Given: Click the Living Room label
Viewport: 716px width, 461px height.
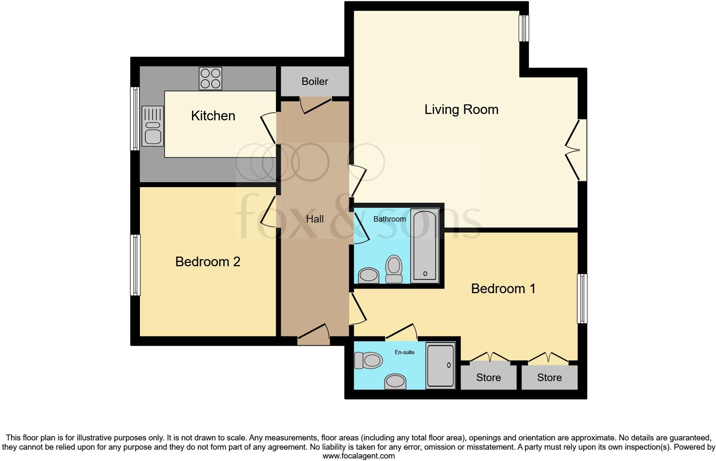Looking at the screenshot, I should pyautogui.click(x=461, y=109).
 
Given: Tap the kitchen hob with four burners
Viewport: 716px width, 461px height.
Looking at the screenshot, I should pyautogui.click(x=210, y=79).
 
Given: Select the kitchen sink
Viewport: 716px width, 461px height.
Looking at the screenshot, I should pyautogui.click(x=153, y=126).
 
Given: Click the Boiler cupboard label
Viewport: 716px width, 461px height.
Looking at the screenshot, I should pyautogui.click(x=315, y=81).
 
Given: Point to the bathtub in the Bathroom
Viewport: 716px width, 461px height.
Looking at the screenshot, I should pyautogui.click(x=425, y=246).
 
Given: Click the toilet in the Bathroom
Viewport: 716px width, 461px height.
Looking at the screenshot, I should pyautogui.click(x=394, y=269).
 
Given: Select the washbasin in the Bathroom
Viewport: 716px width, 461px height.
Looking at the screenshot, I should pyautogui.click(x=369, y=276).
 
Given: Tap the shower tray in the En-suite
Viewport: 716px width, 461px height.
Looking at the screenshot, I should pyautogui.click(x=440, y=365).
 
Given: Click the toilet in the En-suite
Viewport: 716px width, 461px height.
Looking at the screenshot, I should pyautogui.click(x=368, y=360).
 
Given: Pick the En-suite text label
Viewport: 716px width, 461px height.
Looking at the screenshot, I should pyautogui.click(x=404, y=352).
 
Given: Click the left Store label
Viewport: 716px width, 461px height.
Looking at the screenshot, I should pyautogui.click(x=488, y=377).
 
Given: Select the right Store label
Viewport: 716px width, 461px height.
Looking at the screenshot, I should pyautogui.click(x=549, y=377).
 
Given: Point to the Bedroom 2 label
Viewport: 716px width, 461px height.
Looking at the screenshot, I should pyautogui.click(x=208, y=262).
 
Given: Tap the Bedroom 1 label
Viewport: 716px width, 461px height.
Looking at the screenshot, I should pyautogui.click(x=503, y=289).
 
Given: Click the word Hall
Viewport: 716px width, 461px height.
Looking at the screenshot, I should pyautogui.click(x=315, y=219).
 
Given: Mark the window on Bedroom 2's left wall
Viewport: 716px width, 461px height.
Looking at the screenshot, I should pyautogui.click(x=135, y=265).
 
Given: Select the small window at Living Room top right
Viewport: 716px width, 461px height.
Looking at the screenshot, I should pyautogui.click(x=524, y=29).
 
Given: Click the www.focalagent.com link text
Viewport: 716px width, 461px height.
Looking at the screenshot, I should pyautogui.click(x=358, y=456).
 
